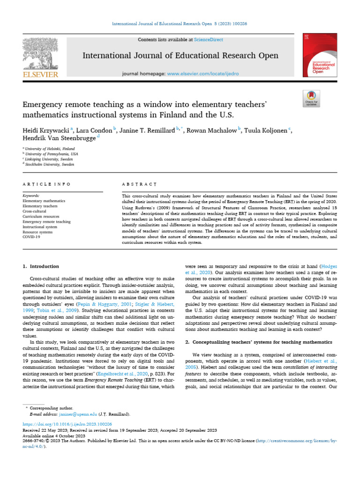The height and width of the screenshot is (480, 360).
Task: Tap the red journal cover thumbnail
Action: click(322, 55)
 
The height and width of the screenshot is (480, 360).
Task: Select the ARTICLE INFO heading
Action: click(47, 185)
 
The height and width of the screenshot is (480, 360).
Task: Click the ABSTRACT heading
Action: click(135, 185)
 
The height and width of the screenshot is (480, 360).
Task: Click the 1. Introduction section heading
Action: click(41, 266)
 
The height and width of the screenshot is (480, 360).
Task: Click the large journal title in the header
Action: click(180, 56)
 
